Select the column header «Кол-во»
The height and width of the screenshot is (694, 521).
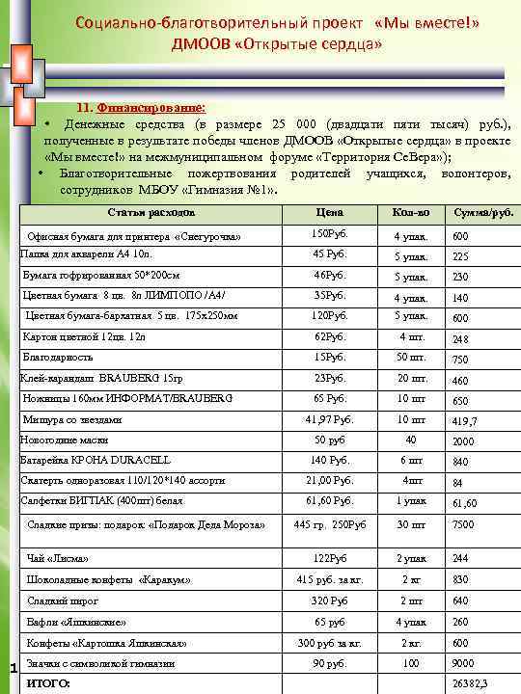411,212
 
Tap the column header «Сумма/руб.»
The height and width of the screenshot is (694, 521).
482,212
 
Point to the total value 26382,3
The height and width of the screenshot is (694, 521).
470,683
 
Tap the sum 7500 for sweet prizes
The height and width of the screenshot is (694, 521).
463,525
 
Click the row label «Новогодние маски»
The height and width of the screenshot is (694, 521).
60,440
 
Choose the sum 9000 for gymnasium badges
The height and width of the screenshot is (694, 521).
463,664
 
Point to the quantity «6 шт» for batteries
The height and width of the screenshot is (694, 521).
412,460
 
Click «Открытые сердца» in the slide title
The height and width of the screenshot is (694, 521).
314,45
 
